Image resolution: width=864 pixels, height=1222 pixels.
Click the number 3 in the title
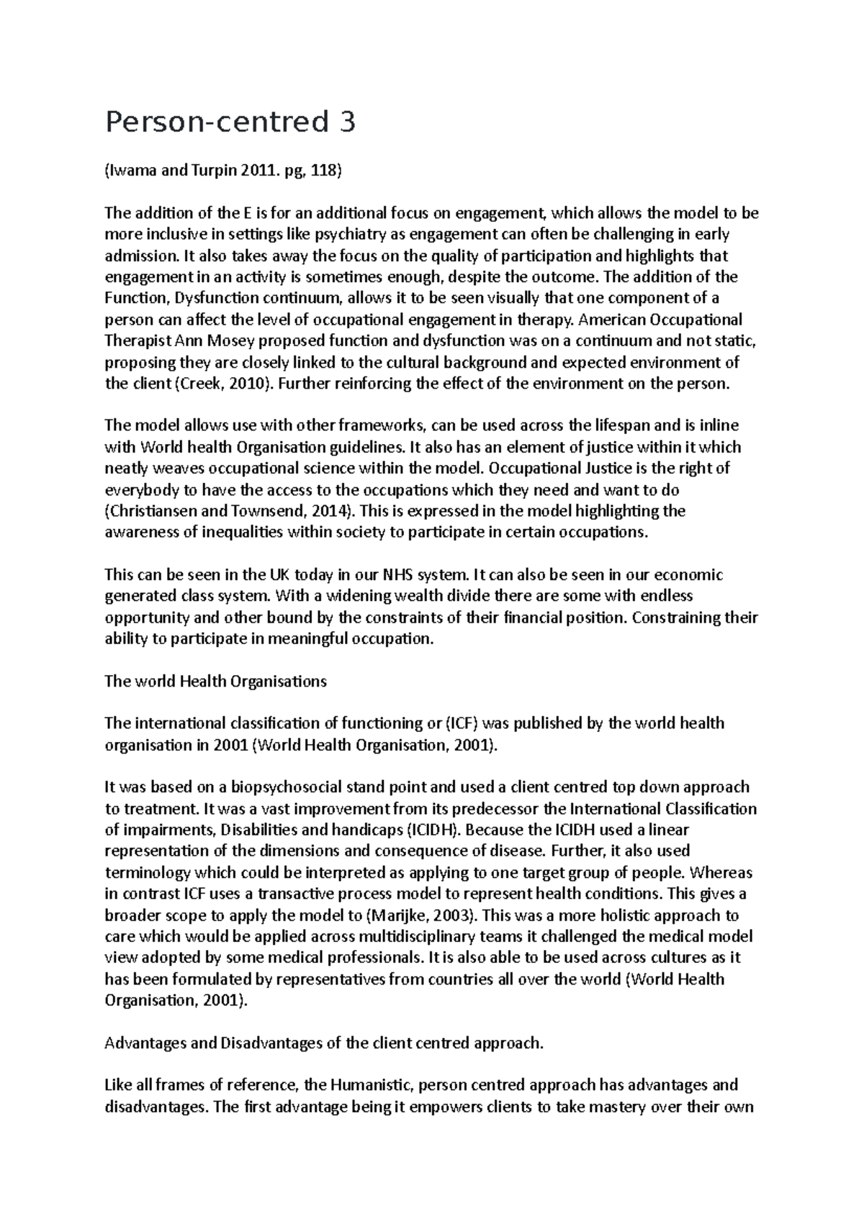346,123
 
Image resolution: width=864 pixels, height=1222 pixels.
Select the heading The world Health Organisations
215,681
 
